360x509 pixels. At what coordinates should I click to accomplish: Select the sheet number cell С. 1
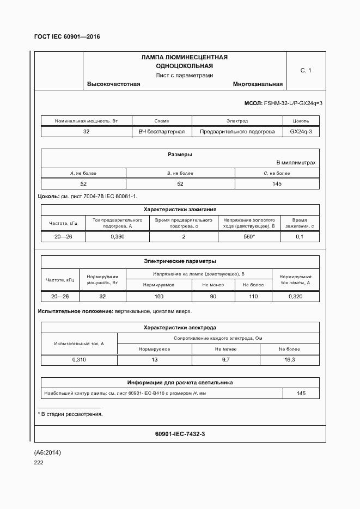coord(306,70)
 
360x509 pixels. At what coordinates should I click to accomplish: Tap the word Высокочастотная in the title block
coord(113,84)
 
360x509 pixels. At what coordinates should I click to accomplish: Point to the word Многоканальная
coord(258,84)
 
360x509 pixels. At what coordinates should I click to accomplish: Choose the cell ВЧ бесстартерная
coord(162,132)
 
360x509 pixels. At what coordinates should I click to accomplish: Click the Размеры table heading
coord(180,155)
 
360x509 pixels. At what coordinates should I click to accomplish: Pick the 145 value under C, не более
coord(277,184)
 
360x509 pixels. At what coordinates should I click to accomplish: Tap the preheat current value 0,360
coord(118,237)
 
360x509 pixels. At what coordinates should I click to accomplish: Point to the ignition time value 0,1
coord(300,237)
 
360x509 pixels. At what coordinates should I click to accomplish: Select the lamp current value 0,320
coord(296,297)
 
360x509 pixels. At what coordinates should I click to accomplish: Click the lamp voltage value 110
coord(253,297)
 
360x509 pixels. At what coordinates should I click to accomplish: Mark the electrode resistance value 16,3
coord(289,360)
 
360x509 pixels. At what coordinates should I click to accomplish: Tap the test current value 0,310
coord(79,360)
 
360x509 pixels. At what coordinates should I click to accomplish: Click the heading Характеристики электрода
coord(180,328)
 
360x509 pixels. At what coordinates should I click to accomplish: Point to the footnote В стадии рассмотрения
coord(72,414)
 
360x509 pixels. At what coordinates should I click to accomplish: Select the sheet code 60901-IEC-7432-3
coord(180,434)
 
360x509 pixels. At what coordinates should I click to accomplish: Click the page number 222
coord(39,463)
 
